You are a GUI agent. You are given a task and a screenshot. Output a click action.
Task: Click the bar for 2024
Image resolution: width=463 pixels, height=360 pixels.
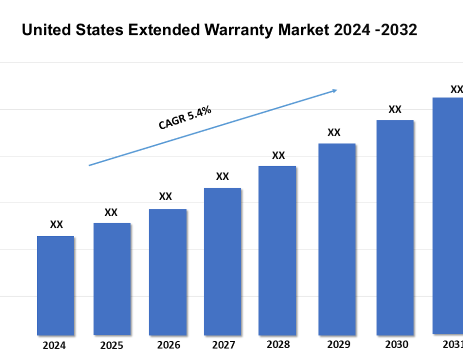(56, 285)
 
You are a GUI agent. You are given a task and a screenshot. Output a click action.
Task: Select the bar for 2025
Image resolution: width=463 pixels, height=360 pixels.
(112, 279)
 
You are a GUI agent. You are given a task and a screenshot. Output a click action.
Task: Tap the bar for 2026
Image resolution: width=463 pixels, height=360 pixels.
(168, 272)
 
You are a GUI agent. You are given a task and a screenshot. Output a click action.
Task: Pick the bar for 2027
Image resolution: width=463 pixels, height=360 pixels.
(222, 261)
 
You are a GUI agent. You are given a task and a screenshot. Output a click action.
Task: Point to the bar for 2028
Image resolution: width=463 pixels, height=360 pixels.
(277, 250)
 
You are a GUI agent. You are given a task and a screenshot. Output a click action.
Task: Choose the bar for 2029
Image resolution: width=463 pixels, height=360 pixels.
(337, 239)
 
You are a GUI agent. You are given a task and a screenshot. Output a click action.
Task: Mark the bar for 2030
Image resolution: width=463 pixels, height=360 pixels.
(395, 227)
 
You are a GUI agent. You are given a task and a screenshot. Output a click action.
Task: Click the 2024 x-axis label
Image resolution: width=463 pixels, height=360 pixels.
(55, 346)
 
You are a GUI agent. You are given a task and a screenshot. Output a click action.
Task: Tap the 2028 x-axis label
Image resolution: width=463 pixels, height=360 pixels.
(278, 345)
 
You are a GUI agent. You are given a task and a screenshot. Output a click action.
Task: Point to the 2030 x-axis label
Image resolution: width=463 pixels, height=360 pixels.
(396, 344)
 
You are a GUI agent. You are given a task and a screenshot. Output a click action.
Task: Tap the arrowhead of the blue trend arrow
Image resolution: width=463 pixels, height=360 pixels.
(334, 91)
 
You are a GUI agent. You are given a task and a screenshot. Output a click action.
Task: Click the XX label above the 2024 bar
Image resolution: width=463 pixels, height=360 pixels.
(57, 224)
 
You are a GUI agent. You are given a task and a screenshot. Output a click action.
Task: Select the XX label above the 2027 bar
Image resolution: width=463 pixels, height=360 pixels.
(222, 176)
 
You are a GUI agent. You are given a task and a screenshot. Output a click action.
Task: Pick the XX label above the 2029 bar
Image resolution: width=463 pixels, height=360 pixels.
(334, 132)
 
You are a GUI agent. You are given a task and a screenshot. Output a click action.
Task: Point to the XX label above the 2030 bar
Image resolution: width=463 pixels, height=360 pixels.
(395, 109)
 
